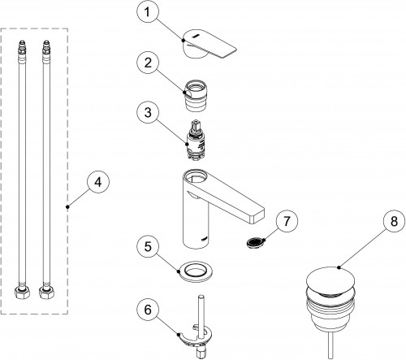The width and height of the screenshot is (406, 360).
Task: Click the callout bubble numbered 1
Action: (x=147, y=12)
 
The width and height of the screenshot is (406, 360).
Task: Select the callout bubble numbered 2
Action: (x=148, y=63)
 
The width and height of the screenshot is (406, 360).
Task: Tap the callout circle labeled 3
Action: (x=148, y=113)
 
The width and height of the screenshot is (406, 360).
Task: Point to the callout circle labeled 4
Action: (x=98, y=182)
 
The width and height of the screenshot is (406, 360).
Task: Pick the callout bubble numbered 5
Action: (x=148, y=247)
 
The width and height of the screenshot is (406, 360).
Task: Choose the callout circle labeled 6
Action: (x=148, y=310)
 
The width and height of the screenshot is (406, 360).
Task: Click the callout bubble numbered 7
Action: (x=287, y=221)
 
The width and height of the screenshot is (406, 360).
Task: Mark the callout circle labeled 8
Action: (x=394, y=221)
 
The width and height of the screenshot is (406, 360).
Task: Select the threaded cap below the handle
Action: (x=196, y=96)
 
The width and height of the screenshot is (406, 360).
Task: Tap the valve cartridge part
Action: (x=196, y=140)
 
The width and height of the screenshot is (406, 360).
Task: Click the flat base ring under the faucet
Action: (x=195, y=271)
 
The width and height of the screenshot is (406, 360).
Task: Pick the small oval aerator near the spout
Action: (x=255, y=241)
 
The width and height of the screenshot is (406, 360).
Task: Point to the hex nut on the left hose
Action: (x=22, y=293)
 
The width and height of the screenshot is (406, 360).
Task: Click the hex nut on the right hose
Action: (x=46, y=293)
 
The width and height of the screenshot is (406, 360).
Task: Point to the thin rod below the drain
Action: (x=330, y=345)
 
